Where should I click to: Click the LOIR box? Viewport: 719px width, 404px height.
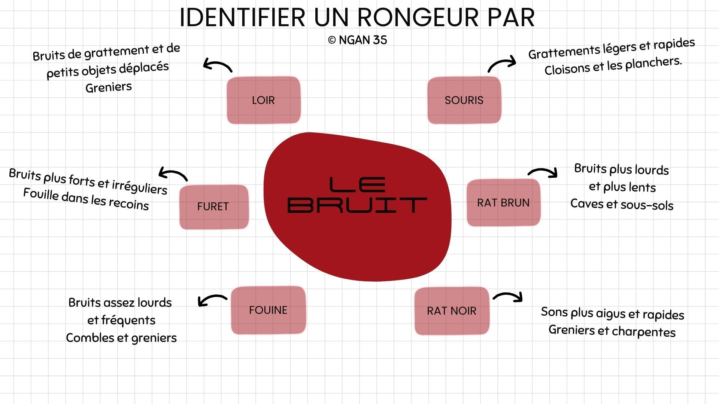point(263,100)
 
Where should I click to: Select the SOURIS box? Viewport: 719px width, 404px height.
point(464,100)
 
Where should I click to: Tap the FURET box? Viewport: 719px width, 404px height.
point(213,206)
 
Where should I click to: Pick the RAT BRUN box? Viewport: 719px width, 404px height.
point(503,203)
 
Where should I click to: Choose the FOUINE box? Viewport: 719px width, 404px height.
point(268,310)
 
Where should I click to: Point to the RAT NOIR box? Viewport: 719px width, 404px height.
point(452,311)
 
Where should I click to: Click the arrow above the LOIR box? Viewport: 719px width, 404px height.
point(218,65)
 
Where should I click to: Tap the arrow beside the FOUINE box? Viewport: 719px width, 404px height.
point(212,300)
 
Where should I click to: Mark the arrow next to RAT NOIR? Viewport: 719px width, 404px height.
point(508,296)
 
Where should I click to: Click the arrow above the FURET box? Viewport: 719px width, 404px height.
point(173,174)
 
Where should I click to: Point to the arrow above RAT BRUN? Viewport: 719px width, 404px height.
point(543,172)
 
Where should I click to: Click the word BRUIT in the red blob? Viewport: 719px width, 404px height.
point(357,205)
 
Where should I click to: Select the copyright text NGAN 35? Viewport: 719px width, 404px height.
point(358,40)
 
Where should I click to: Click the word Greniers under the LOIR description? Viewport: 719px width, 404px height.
point(109,87)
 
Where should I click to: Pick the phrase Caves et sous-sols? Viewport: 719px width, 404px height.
point(622,204)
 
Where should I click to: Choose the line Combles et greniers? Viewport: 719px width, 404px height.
point(121,338)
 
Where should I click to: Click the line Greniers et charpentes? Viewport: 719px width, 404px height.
point(612,331)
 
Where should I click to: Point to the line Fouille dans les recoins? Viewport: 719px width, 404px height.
point(86,199)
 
